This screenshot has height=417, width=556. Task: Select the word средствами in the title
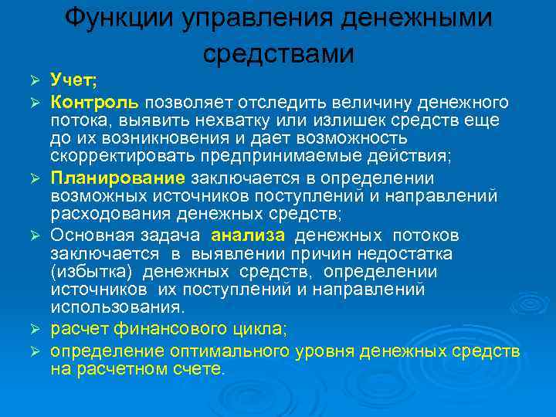(x=279, y=54)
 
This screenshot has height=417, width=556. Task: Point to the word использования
(x=113, y=307)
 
